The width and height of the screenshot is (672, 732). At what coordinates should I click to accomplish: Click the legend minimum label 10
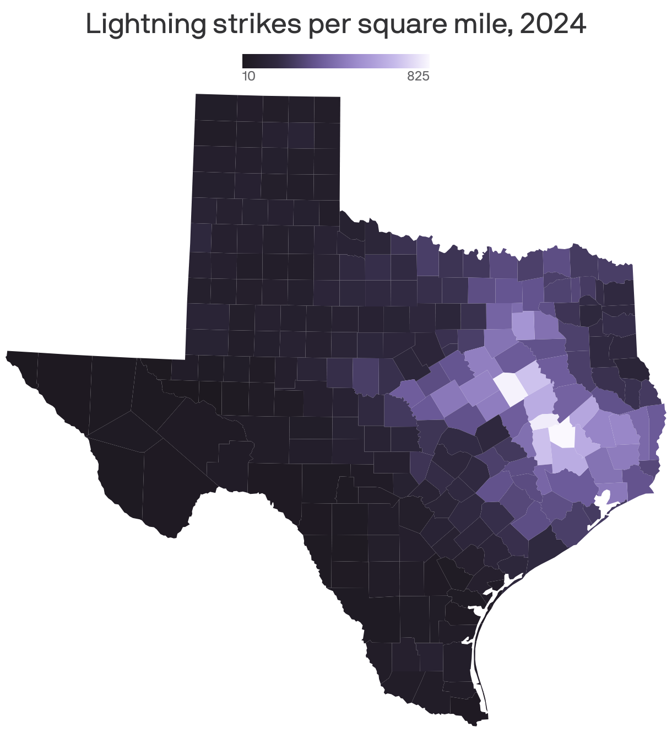pyautogui.click(x=248, y=77)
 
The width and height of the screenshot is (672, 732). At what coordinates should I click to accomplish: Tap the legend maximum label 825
pyautogui.click(x=418, y=77)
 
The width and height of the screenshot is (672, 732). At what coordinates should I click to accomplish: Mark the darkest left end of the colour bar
pyautogui.click(x=244, y=61)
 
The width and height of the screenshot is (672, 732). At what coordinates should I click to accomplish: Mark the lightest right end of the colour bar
pyautogui.click(x=427, y=61)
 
